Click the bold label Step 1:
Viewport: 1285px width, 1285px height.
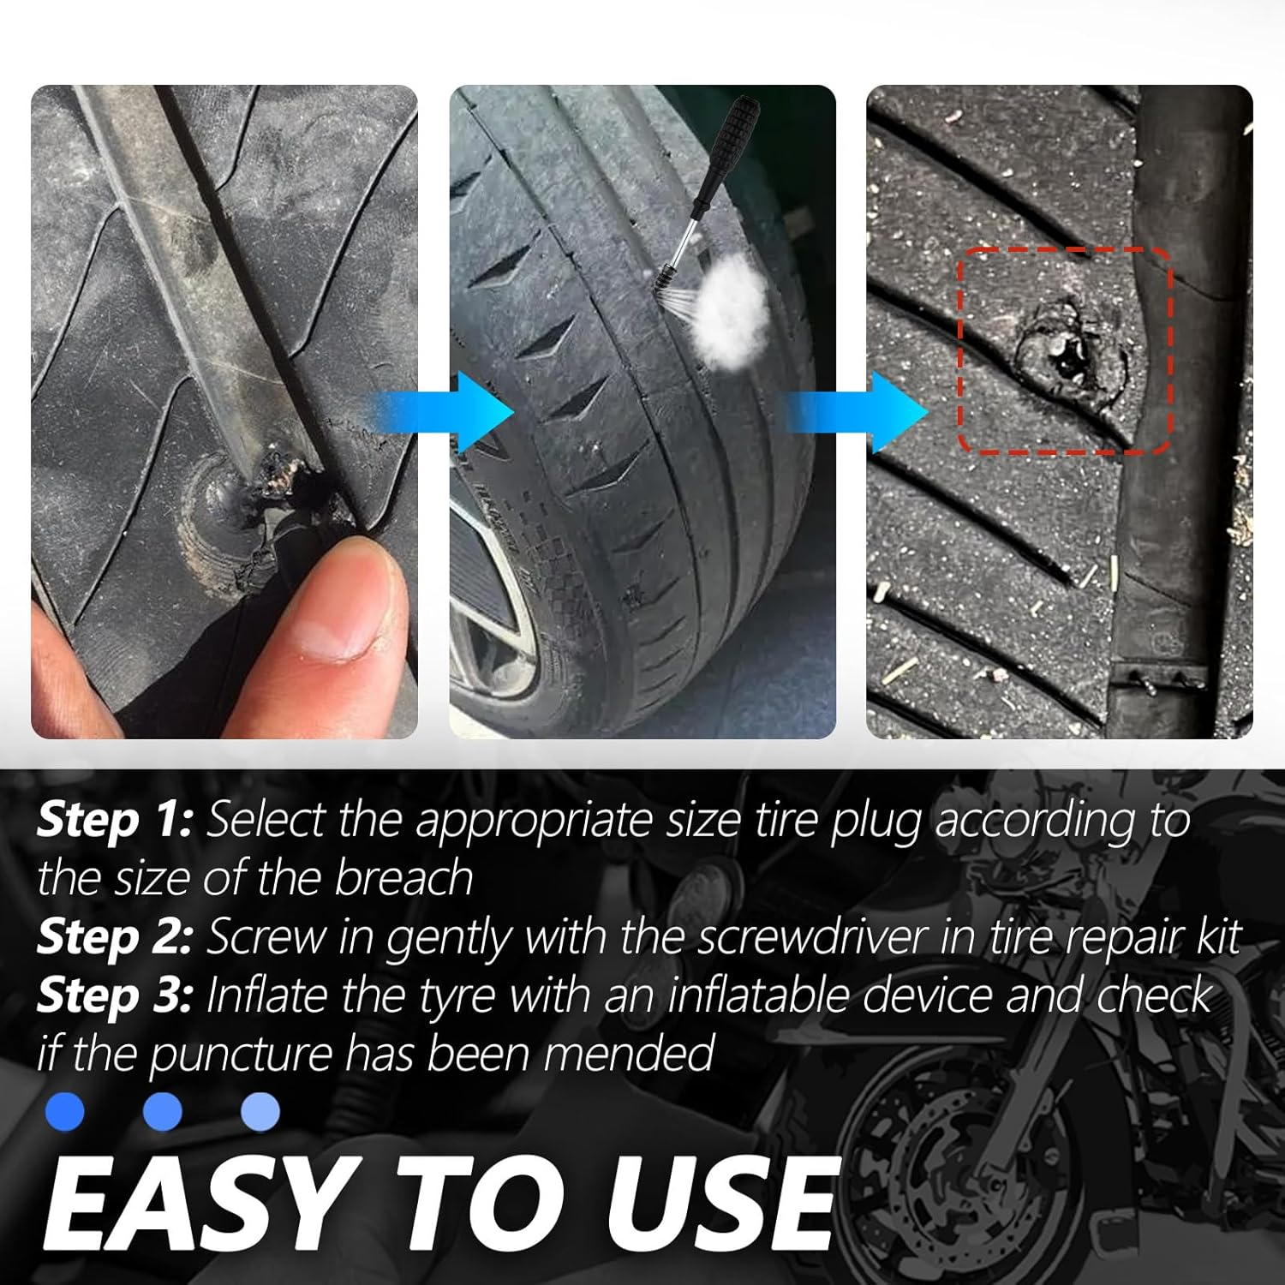tap(114, 820)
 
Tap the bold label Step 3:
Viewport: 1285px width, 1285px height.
tap(114, 995)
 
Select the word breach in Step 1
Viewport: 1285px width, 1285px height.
tap(403, 878)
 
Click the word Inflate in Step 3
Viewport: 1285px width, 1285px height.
tap(266, 995)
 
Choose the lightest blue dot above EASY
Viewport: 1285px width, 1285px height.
tap(260, 1111)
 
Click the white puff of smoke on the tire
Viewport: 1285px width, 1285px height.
tap(729, 306)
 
